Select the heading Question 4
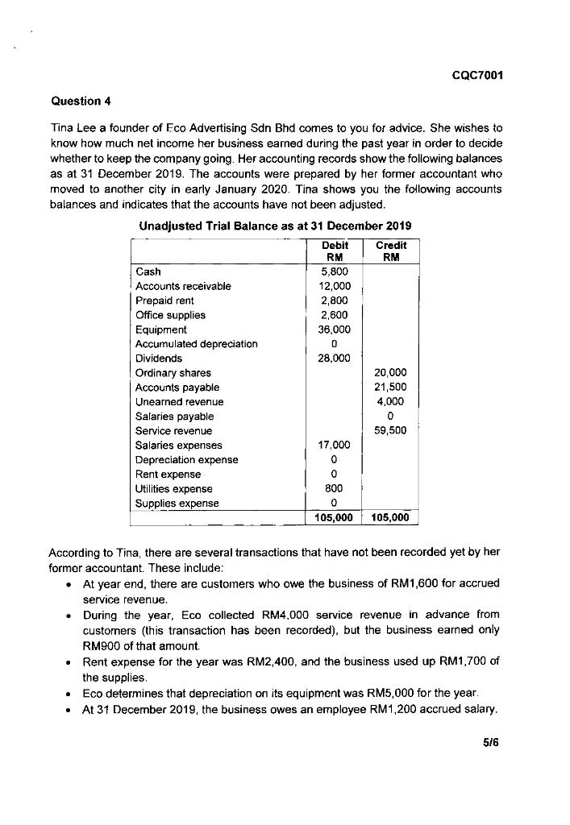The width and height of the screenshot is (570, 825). (x=79, y=101)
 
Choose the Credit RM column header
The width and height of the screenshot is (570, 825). (x=392, y=250)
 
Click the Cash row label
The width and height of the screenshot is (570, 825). (x=148, y=272)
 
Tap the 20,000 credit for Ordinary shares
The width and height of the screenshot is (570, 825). (x=392, y=373)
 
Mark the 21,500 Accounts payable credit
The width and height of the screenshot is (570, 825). (x=392, y=388)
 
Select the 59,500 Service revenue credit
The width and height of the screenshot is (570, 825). (x=392, y=430)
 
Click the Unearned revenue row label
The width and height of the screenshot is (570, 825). (x=180, y=401)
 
